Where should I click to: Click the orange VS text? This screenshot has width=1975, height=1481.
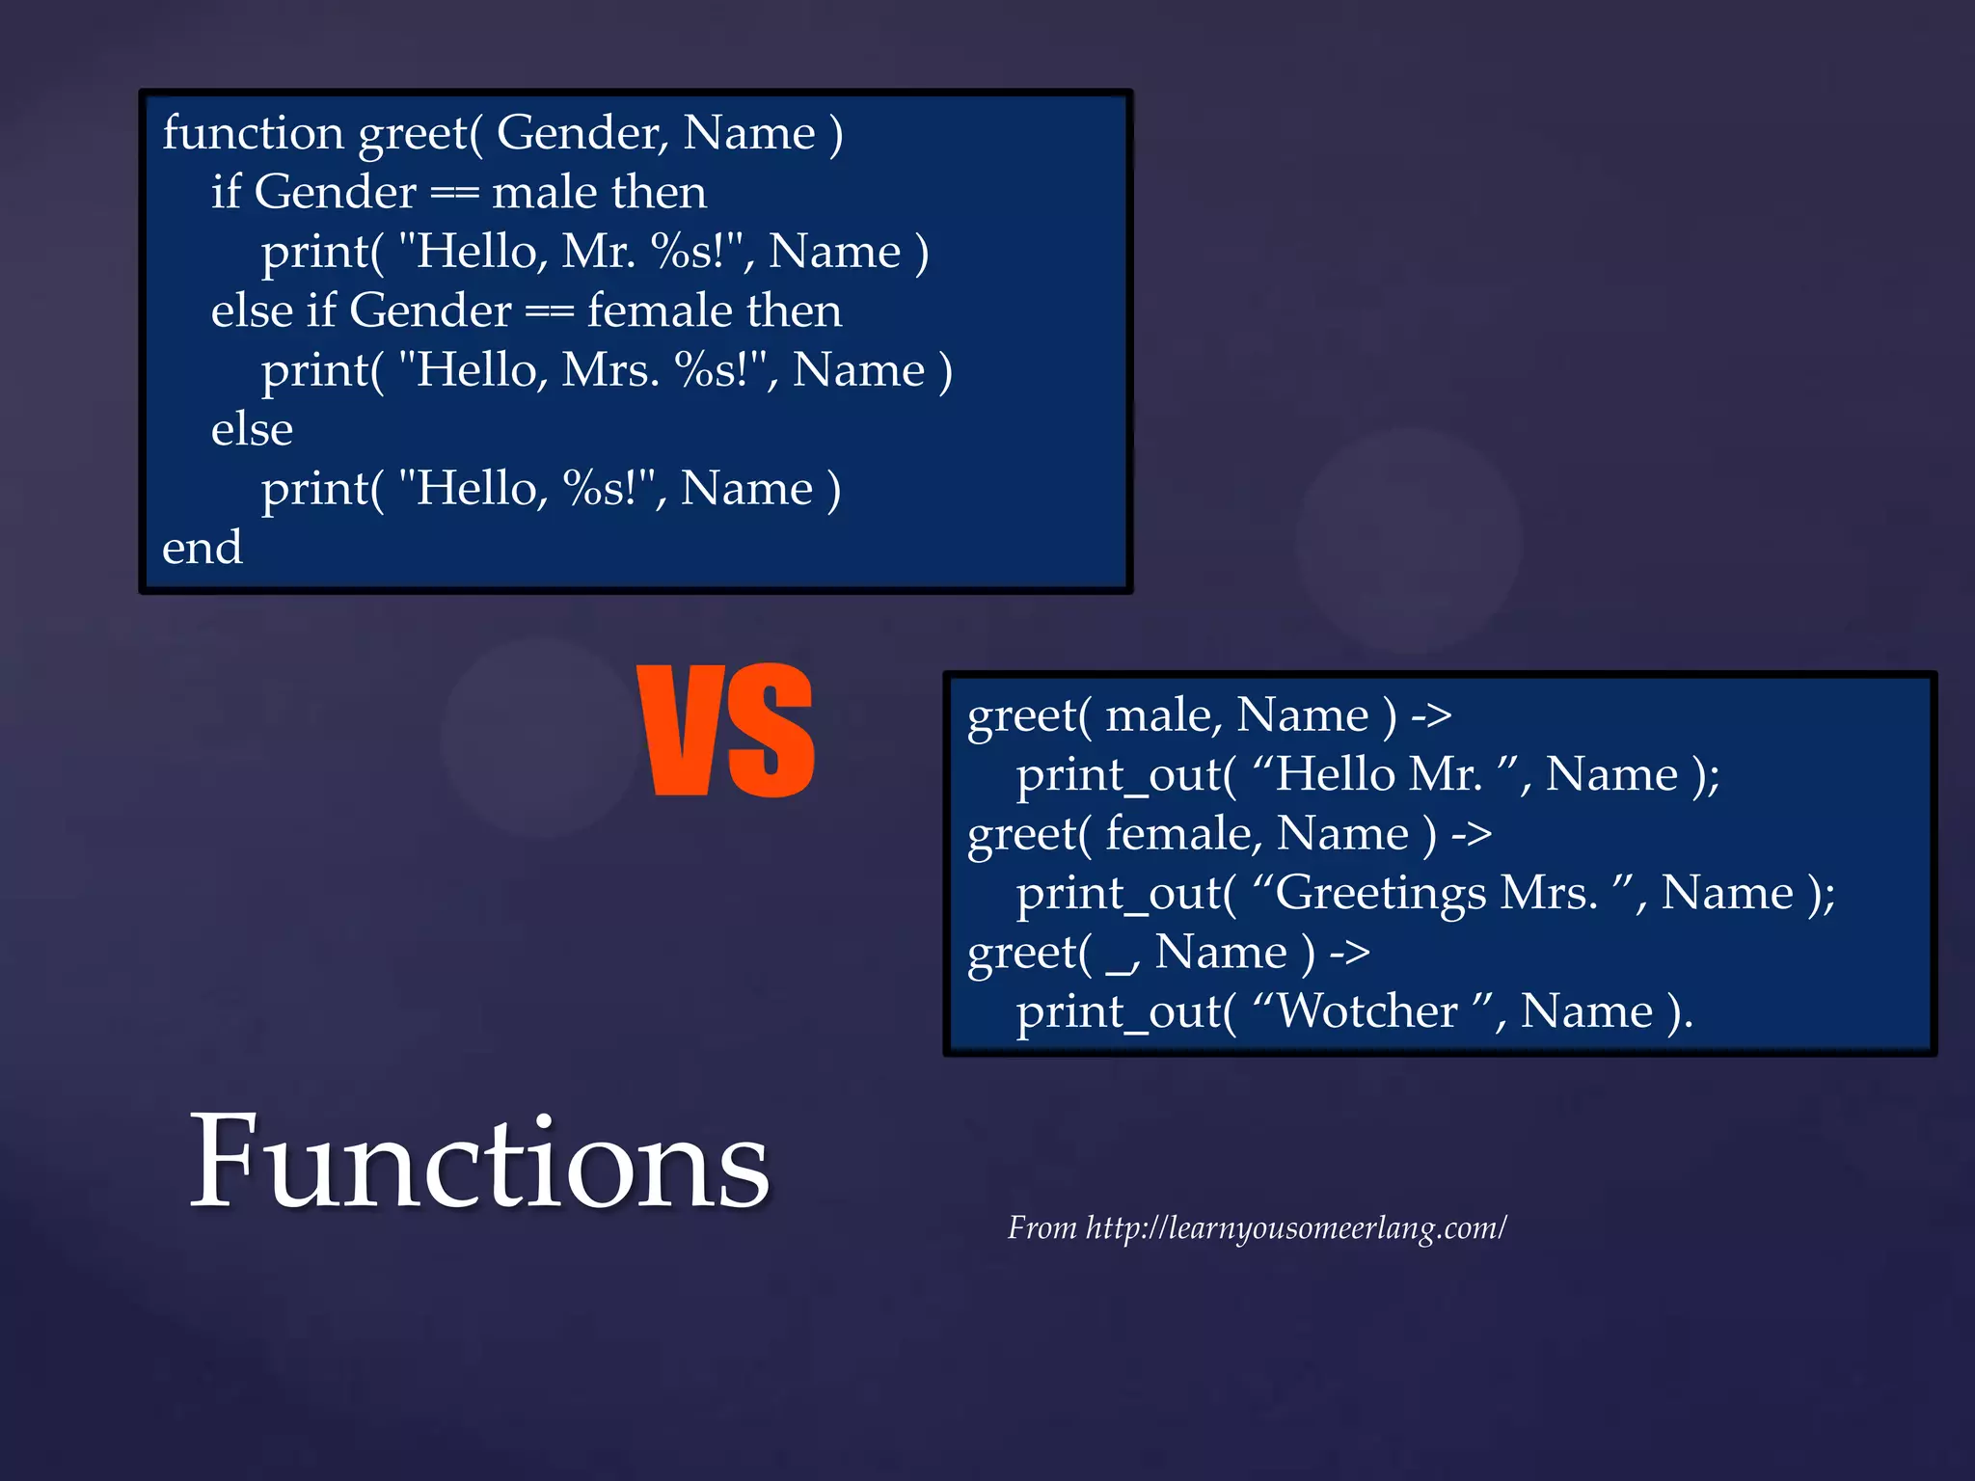tap(726, 731)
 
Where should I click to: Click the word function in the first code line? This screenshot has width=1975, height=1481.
tap(253, 132)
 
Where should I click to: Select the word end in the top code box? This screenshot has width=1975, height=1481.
tap(202, 548)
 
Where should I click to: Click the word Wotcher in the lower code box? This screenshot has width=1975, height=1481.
tap(1366, 1011)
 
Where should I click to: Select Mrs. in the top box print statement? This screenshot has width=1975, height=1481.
tap(609, 370)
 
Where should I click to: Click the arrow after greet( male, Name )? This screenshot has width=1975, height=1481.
tap(1430, 715)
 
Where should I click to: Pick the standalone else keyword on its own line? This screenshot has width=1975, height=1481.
tap(252, 429)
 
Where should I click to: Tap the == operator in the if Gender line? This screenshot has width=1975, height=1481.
tap(454, 193)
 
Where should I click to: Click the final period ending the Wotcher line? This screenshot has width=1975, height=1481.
tap(1686, 1025)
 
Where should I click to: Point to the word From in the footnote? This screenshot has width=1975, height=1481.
tap(1042, 1228)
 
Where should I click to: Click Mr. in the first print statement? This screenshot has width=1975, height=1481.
tap(598, 252)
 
